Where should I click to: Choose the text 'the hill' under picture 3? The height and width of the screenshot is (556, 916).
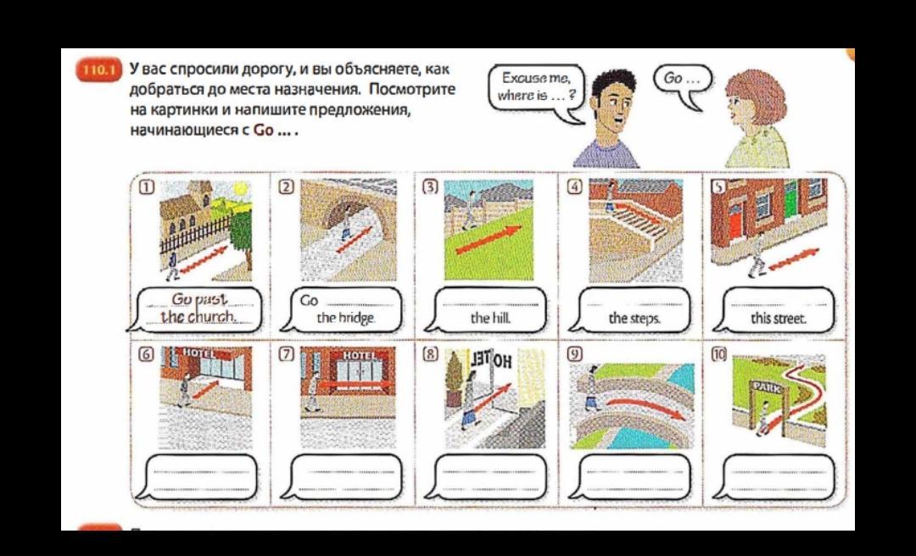(x=490, y=319)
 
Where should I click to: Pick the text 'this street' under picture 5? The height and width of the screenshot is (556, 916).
(x=779, y=319)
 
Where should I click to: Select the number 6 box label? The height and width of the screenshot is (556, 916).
(x=147, y=354)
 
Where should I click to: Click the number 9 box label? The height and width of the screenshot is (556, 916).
(x=575, y=354)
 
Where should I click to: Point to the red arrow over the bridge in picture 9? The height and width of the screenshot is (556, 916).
(x=638, y=404)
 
